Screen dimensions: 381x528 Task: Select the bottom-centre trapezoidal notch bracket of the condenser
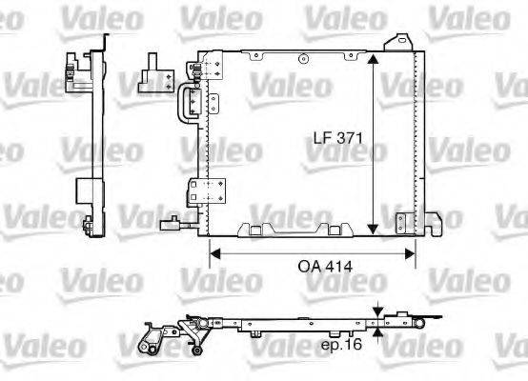click(257, 229)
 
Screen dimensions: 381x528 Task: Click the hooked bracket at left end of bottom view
click(151, 337)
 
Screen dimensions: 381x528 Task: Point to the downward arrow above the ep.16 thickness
click(378, 311)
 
